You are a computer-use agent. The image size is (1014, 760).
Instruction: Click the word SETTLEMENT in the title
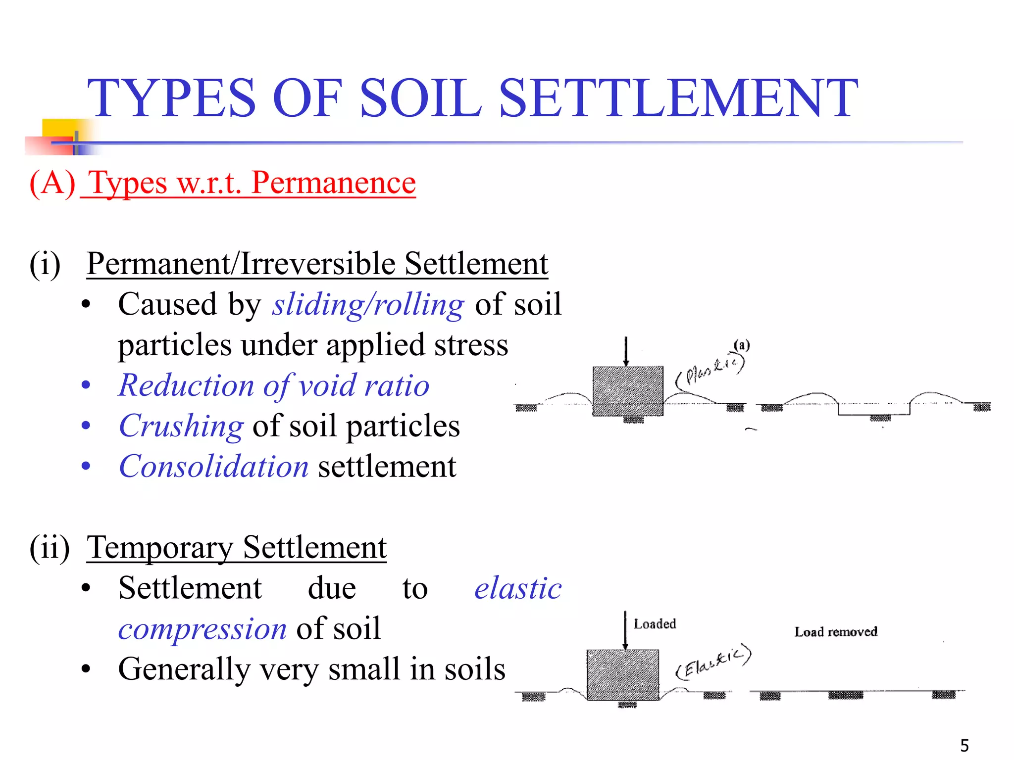(678, 99)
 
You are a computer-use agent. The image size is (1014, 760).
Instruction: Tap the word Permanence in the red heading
(333, 183)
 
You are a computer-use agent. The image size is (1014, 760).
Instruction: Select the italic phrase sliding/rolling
(368, 304)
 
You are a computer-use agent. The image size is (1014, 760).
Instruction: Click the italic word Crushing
(181, 426)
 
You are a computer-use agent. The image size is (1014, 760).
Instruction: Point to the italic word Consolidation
(214, 467)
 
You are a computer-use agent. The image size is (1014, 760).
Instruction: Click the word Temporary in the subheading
(159, 547)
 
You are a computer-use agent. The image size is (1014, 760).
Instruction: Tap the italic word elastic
(518, 588)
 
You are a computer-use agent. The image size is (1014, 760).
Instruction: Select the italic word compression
(203, 629)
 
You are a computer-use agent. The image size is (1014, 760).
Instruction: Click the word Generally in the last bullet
(184, 669)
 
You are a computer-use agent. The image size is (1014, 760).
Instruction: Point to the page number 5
(964, 745)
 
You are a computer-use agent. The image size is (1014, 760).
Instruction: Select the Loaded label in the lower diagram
(655, 624)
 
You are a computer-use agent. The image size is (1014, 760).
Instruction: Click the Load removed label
(836, 632)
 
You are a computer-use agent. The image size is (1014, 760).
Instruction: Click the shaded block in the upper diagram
(628, 391)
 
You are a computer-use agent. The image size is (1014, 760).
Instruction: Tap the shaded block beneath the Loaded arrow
(622, 674)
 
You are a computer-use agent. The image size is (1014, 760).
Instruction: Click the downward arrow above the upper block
(626, 351)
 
